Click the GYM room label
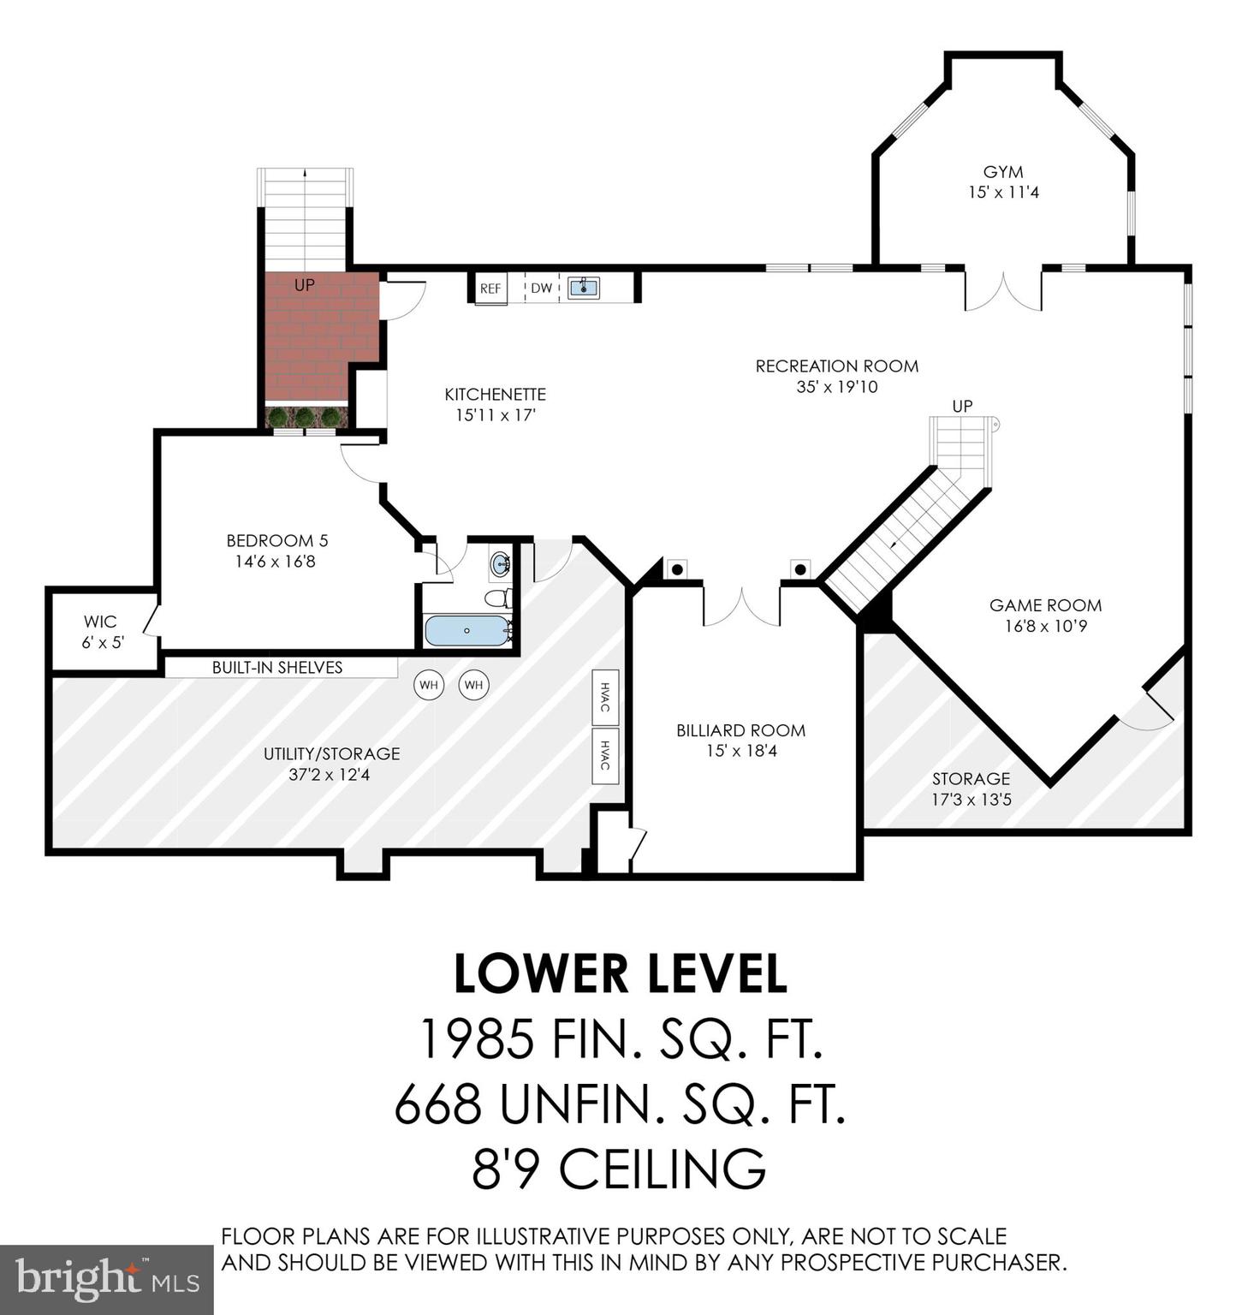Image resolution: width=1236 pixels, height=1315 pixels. coord(1002,172)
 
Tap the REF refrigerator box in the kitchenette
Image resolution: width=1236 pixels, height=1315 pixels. coord(490,289)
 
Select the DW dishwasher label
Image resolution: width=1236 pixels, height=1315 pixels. coord(541,289)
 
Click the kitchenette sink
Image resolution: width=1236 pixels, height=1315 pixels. coord(584,288)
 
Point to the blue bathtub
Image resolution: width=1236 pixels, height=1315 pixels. coord(466,631)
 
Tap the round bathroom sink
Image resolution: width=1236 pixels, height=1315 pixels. coord(500,565)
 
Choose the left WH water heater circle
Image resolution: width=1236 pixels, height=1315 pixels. coord(429,685)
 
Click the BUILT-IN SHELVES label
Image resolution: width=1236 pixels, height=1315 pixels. coord(277,668)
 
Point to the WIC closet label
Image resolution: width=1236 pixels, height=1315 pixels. coord(100,622)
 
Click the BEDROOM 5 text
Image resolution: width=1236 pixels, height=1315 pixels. coord(276,541)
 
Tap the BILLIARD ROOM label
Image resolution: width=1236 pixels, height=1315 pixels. coord(740,730)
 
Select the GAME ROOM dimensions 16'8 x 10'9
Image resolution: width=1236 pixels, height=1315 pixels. coord(1045,627)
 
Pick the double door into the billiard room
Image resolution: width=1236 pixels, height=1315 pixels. coord(741,604)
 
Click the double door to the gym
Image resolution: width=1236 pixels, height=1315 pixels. coord(1003,291)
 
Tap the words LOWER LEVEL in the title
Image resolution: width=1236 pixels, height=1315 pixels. coord(619,974)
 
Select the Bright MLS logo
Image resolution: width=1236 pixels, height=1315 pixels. coord(106,1279)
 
